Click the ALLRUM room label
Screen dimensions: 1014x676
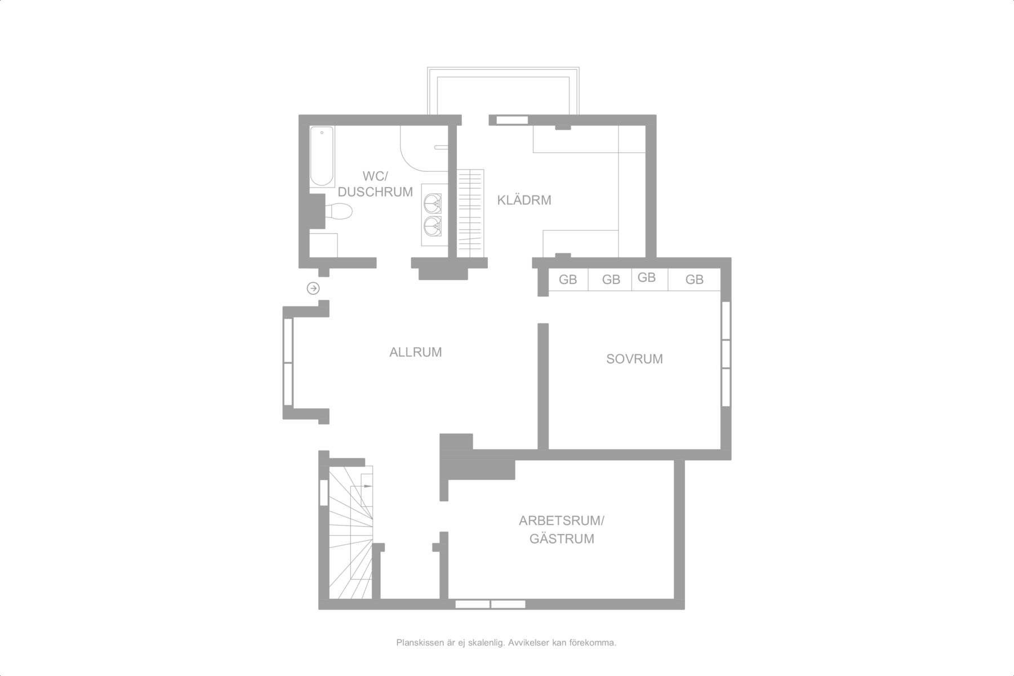(x=416, y=352)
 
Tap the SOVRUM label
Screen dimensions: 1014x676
(x=634, y=359)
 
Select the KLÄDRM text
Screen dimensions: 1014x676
(x=524, y=200)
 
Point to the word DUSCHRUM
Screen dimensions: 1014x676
(x=375, y=192)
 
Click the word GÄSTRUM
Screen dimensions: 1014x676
(x=562, y=539)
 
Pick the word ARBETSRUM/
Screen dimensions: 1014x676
(x=562, y=521)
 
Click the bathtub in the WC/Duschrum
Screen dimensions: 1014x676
(x=322, y=157)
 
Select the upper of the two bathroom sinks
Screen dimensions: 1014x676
(x=433, y=202)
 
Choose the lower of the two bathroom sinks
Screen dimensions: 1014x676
(x=433, y=225)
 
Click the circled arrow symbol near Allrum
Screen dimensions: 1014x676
(x=313, y=288)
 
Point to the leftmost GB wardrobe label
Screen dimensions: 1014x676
(x=568, y=279)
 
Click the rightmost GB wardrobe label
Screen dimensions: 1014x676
(x=695, y=279)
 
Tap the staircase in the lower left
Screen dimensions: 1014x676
(x=350, y=532)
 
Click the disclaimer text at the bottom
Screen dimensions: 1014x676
(x=506, y=642)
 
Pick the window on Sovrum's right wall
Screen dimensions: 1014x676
(x=726, y=353)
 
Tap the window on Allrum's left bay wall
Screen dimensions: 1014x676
(x=288, y=362)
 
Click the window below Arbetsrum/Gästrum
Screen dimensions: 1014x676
(x=490, y=604)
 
